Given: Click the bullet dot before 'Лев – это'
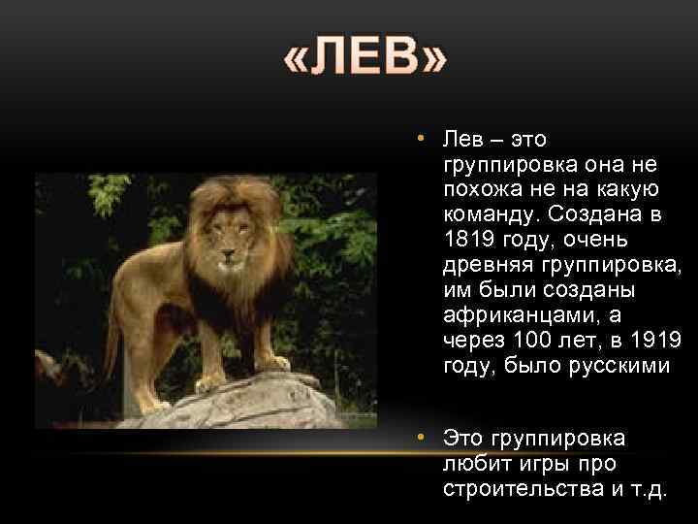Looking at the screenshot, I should (423, 140).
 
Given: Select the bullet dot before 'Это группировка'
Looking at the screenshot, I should (423, 438).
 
